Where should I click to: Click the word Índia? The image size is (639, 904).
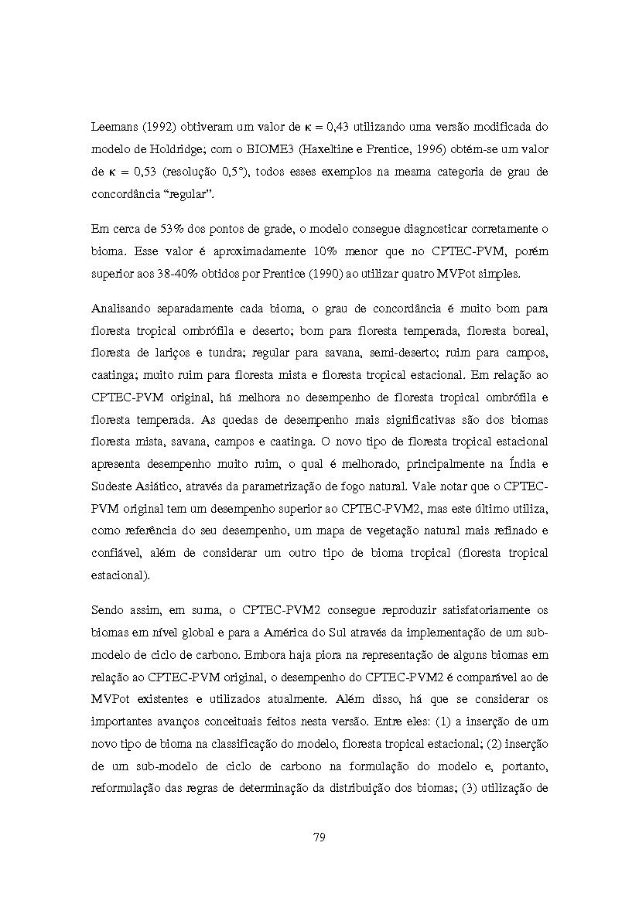[518, 464]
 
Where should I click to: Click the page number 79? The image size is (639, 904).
[319, 837]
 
